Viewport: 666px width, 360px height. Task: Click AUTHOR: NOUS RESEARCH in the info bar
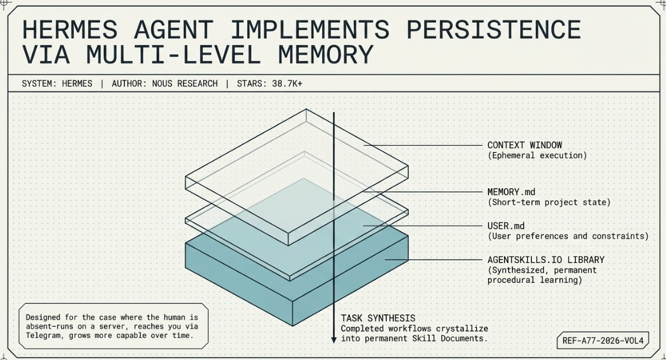(164, 83)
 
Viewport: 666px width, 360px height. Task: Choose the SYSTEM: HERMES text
(56, 83)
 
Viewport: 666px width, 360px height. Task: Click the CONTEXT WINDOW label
(524, 145)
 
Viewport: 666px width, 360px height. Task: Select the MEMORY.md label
(511, 192)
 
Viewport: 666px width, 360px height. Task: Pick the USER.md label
(506, 226)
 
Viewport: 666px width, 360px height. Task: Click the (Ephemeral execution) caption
(536, 155)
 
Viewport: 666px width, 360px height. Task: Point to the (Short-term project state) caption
(548, 202)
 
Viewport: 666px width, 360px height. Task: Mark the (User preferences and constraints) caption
(568, 236)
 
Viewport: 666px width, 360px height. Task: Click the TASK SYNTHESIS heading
(378, 318)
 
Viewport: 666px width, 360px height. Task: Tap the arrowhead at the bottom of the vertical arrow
(334, 339)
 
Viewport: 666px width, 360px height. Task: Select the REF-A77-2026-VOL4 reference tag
(602, 341)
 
